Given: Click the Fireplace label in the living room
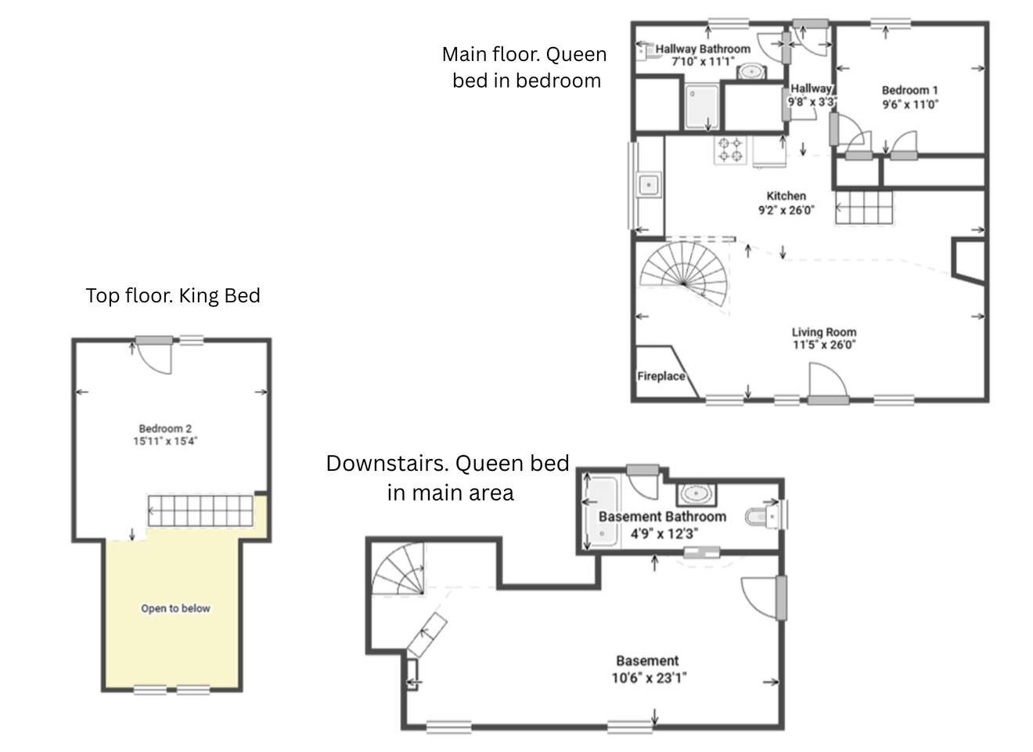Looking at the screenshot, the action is click(661, 376).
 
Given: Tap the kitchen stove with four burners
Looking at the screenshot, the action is click(730, 150).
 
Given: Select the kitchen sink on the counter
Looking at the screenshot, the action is click(649, 185).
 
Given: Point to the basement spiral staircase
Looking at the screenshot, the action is click(398, 569).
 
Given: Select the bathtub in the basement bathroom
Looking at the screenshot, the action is click(603, 512).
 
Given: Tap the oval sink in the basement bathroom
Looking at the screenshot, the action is click(696, 495).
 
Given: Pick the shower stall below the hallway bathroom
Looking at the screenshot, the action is click(701, 107).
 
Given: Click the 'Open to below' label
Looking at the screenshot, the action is click(176, 609).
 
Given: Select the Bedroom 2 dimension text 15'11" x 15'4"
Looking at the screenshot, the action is click(165, 441).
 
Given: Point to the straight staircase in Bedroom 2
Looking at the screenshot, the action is click(200, 511).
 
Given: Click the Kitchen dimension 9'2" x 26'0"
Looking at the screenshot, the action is click(786, 211).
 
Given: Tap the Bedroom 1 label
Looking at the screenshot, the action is click(910, 90).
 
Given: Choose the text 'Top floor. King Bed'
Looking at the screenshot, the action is click(174, 295).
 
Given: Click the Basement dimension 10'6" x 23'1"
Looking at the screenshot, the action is click(650, 678).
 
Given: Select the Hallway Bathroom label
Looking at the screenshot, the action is click(703, 49).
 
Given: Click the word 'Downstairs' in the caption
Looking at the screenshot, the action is click(388, 464).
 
